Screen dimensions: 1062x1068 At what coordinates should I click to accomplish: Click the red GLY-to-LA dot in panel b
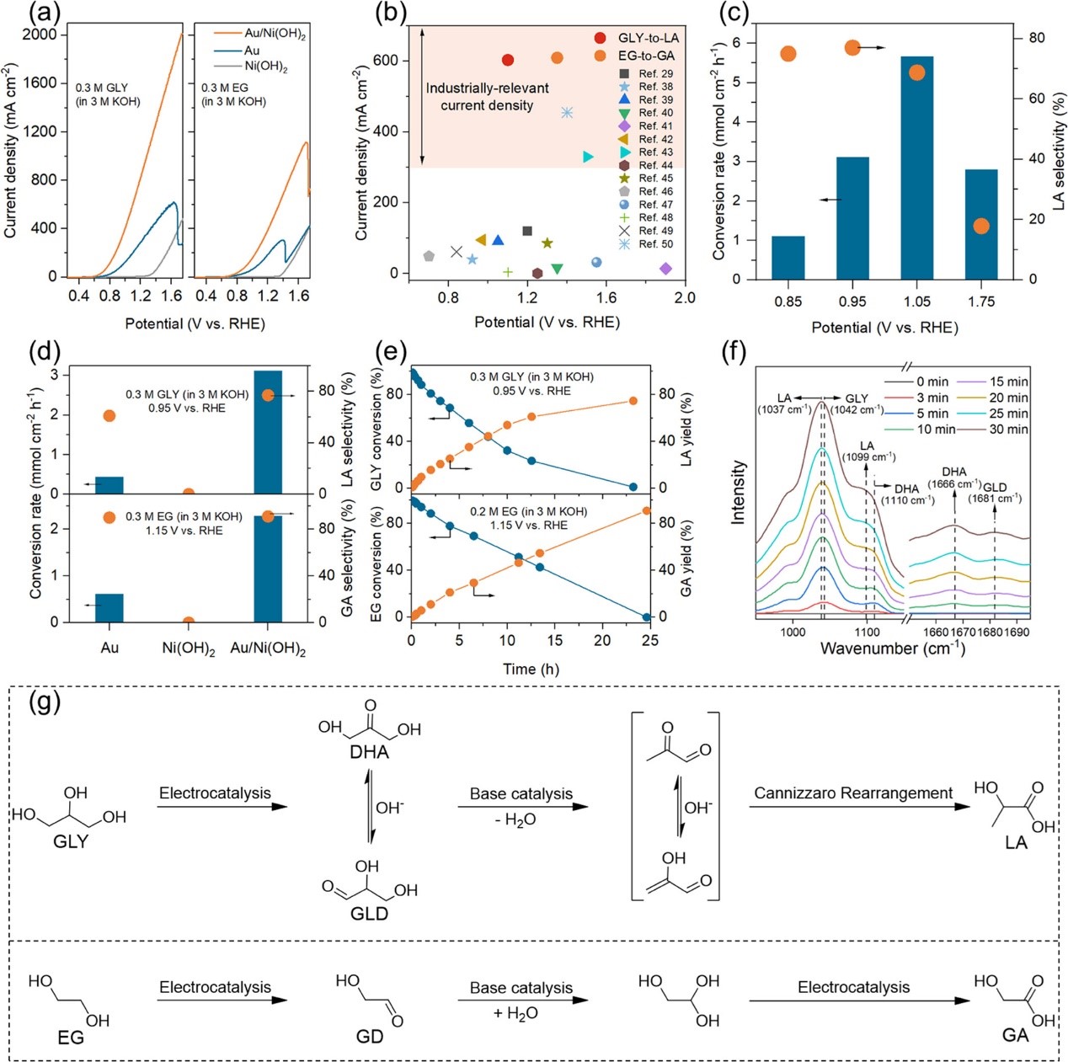tap(508, 60)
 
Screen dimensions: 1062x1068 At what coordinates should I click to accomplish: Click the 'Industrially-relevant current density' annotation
tap(487, 97)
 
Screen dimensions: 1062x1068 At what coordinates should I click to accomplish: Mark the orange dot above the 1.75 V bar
tap(980, 226)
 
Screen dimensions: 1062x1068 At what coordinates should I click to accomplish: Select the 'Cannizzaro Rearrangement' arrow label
tap(853, 793)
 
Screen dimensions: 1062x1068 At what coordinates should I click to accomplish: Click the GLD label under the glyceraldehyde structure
tap(369, 914)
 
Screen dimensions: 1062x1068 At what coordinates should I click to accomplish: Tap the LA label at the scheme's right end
tap(1016, 843)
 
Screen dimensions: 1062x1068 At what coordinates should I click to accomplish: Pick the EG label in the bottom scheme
tap(71, 1038)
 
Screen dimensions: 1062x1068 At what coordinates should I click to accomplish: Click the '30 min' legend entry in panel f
tap(1008, 430)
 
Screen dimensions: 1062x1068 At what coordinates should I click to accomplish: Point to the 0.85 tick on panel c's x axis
tap(788, 302)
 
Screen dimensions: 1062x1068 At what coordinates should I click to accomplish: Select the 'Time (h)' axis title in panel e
tap(531, 670)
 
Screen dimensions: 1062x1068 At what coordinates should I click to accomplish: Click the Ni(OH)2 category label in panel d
tap(189, 649)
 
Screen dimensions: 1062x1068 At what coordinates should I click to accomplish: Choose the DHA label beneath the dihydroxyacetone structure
tap(369, 753)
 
